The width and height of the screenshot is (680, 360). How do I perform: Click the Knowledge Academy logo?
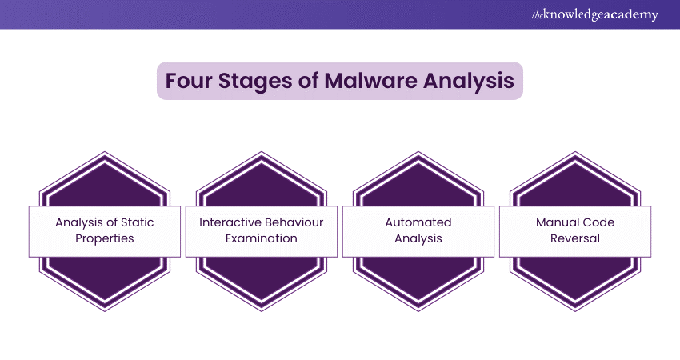pos(594,14)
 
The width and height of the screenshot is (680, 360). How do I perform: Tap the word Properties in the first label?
pos(105,238)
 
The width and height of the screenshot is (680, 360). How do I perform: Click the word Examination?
pos(262,238)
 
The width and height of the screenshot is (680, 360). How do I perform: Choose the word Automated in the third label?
pos(418,222)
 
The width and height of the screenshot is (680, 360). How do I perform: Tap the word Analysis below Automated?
pos(418,238)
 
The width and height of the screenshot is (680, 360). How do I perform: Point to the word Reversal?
pos(575,238)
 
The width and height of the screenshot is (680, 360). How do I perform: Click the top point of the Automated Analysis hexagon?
pos(418,152)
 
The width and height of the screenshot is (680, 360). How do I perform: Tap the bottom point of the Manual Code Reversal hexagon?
pos(575,310)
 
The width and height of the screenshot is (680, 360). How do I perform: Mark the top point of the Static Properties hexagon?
pos(105,152)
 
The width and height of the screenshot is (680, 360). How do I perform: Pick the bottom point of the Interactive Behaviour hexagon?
pos(262,310)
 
